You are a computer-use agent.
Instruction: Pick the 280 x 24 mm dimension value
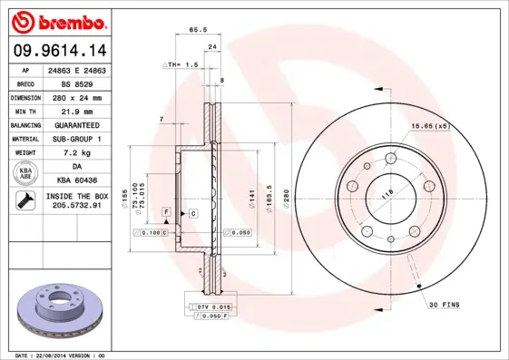click(77, 96)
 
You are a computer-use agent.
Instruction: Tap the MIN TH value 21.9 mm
click(77, 110)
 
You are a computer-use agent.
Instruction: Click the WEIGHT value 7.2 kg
click(77, 153)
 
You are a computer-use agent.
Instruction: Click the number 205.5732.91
click(77, 207)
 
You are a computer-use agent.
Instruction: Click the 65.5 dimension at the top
click(194, 30)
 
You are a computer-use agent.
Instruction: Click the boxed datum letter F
click(167, 211)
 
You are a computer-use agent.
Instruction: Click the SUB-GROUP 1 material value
click(77, 139)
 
